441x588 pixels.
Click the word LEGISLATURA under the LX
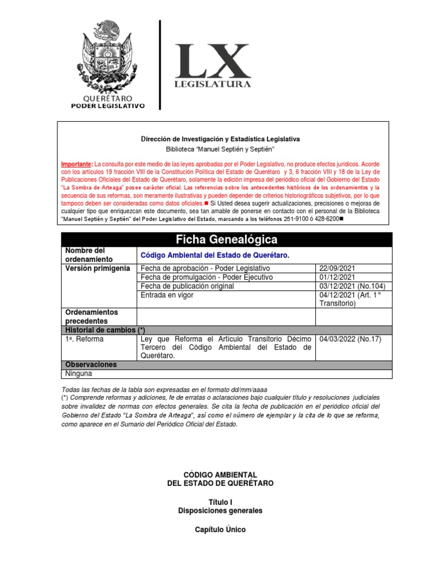(x=212, y=84)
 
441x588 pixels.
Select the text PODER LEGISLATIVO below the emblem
(x=107, y=106)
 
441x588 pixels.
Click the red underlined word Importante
(x=78, y=164)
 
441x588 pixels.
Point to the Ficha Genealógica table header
(x=226, y=239)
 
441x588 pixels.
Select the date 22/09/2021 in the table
(x=339, y=269)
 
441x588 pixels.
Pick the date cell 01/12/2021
(x=339, y=277)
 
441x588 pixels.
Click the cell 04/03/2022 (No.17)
(x=350, y=339)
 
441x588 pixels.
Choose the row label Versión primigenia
(x=98, y=269)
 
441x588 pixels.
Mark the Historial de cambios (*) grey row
(x=226, y=330)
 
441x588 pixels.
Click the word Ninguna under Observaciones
(x=79, y=374)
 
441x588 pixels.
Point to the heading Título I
(x=220, y=501)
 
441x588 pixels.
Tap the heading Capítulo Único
(x=220, y=529)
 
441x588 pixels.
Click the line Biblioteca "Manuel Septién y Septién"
(x=220, y=149)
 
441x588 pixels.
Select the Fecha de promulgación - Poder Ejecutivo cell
(x=207, y=277)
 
